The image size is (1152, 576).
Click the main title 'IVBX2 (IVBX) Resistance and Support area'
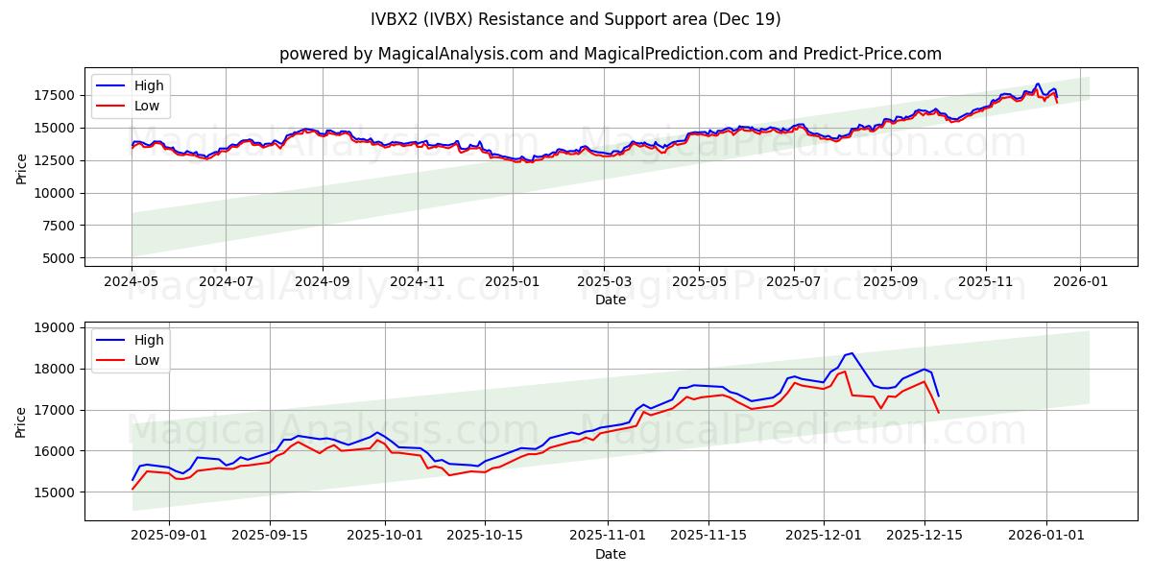click(x=576, y=19)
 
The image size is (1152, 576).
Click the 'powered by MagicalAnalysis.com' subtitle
click(x=610, y=54)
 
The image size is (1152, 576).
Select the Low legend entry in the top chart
click(x=147, y=107)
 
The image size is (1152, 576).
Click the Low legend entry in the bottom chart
click(x=147, y=361)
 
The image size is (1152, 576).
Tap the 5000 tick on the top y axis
click(x=60, y=258)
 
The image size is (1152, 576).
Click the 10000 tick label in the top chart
click(x=57, y=193)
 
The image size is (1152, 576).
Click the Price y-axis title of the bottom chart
click(x=21, y=420)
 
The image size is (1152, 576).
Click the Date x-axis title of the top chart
click(x=610, y=300)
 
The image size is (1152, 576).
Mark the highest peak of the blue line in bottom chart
click(x=852, y=353)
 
